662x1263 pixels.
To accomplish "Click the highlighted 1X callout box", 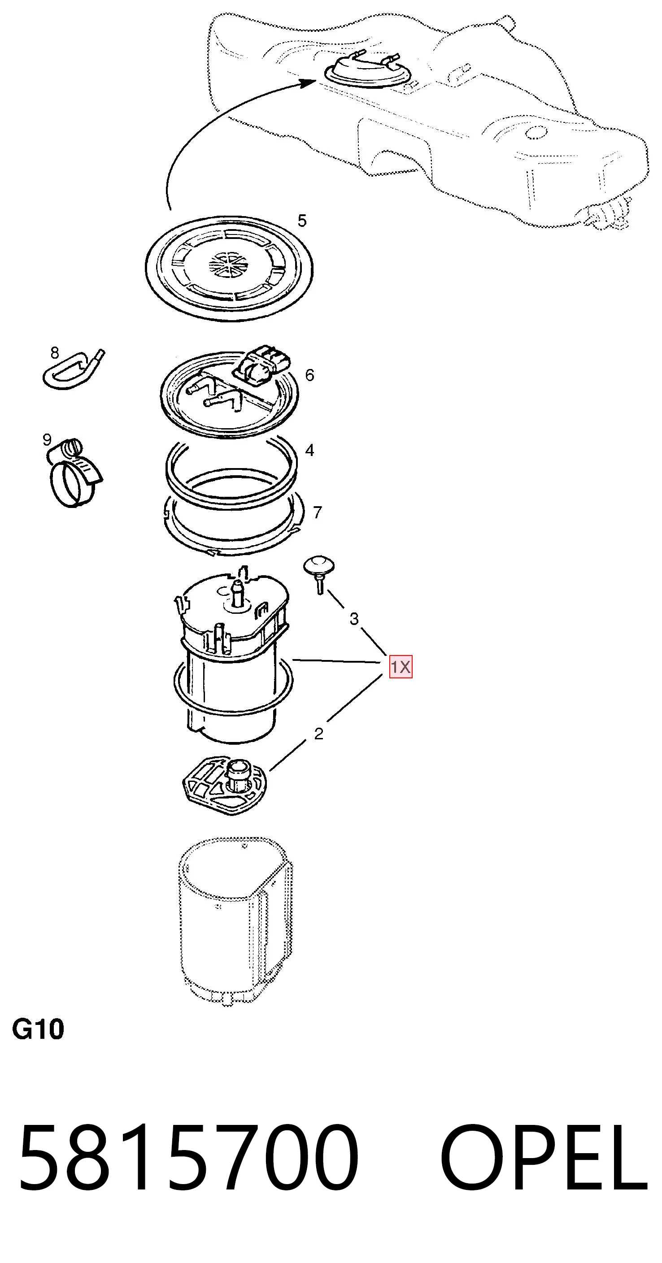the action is pos(401,667).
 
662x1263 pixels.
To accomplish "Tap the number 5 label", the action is pos(302,221).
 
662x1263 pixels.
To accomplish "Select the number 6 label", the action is pos(309,375).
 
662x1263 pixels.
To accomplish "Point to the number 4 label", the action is pos(309,450).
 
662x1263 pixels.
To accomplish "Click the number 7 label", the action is pos(317,512).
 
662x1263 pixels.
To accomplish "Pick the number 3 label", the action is pos(354,619).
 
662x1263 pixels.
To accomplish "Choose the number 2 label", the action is pos(319,734).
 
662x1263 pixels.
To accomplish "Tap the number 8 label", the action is pos(54,352).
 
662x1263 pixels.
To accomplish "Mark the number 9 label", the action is pos(47,439).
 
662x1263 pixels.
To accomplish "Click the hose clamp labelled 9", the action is pos(74,473).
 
